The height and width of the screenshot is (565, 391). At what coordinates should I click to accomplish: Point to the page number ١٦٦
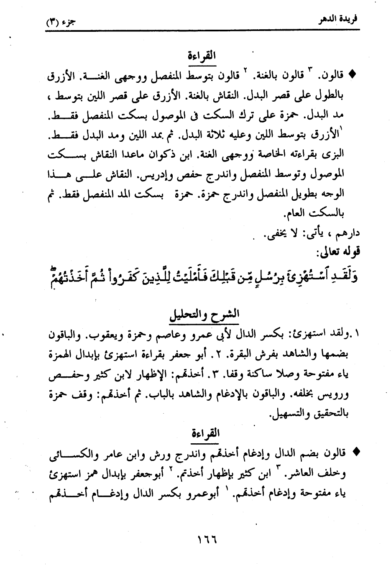[x=206, y=540]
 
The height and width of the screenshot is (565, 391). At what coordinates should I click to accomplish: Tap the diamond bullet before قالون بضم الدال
[x=356, y=452]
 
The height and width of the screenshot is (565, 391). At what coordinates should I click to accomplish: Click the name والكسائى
[x=62, y=453]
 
